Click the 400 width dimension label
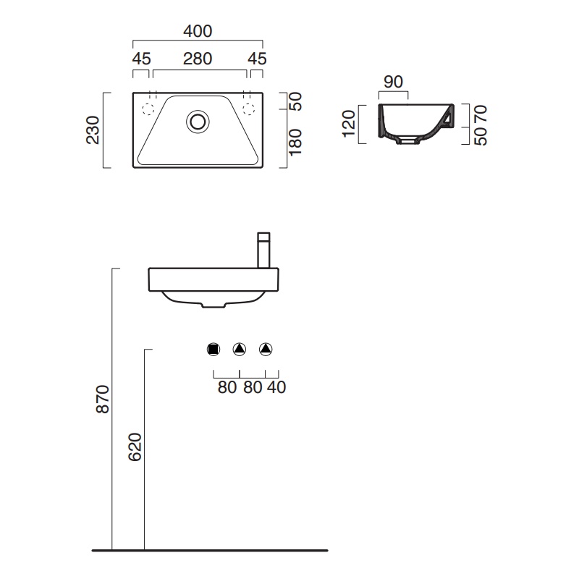[198, 31]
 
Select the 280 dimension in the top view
[198, 59]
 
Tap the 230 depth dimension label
[93, 130]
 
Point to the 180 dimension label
[295, 142]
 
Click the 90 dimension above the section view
[393, 82]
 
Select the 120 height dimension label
[349, 124]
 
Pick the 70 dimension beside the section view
[481, 114]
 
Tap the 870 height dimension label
[103, 399]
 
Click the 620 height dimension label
[135, 447]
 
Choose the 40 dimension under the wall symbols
[276, 387]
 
